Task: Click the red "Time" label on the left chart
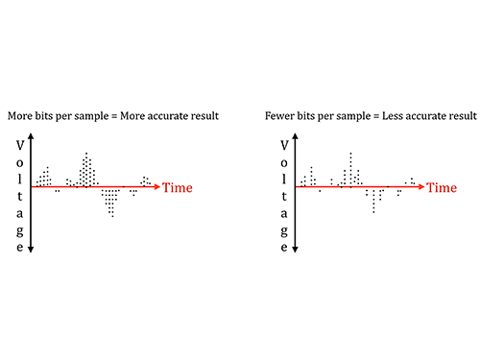coord(178,187)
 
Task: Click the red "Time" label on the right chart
coord(442,187)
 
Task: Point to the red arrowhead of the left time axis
coord(156,186)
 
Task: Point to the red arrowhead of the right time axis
coord(421,186)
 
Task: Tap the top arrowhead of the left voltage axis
coord(31,136)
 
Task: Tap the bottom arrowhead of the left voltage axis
coord(31,250)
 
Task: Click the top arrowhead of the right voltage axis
coord(295,136)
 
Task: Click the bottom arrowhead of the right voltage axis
coord(295,250)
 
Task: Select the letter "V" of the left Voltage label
coord(20,146)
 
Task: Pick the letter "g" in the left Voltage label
coord(20,231)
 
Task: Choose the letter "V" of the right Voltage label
coord(284,146)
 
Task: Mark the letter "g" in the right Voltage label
coord(284,231)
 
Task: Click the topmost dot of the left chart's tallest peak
coord(86,154)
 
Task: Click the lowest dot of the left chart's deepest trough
coord(112,216)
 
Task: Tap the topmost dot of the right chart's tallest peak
coord(351,154)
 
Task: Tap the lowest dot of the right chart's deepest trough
coord(373,212)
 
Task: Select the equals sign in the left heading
coord(114,116)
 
